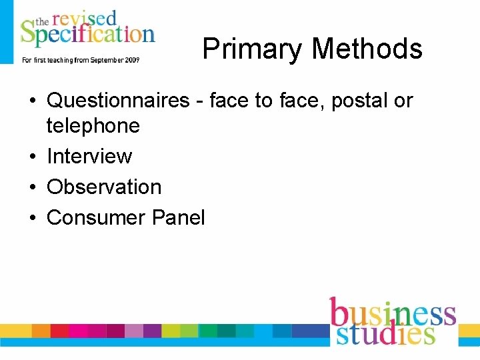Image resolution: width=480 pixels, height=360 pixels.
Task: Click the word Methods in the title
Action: (367, 49)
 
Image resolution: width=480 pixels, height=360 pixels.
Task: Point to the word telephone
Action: (93, 125)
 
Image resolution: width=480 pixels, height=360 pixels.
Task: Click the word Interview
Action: (89, 156)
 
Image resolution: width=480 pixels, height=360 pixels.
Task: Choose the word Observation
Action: (104, 187)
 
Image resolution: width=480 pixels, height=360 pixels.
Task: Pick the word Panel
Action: (179, 217)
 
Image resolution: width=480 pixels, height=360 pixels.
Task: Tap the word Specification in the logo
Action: (87, 35)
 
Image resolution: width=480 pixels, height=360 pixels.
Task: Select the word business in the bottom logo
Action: (393, 314)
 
